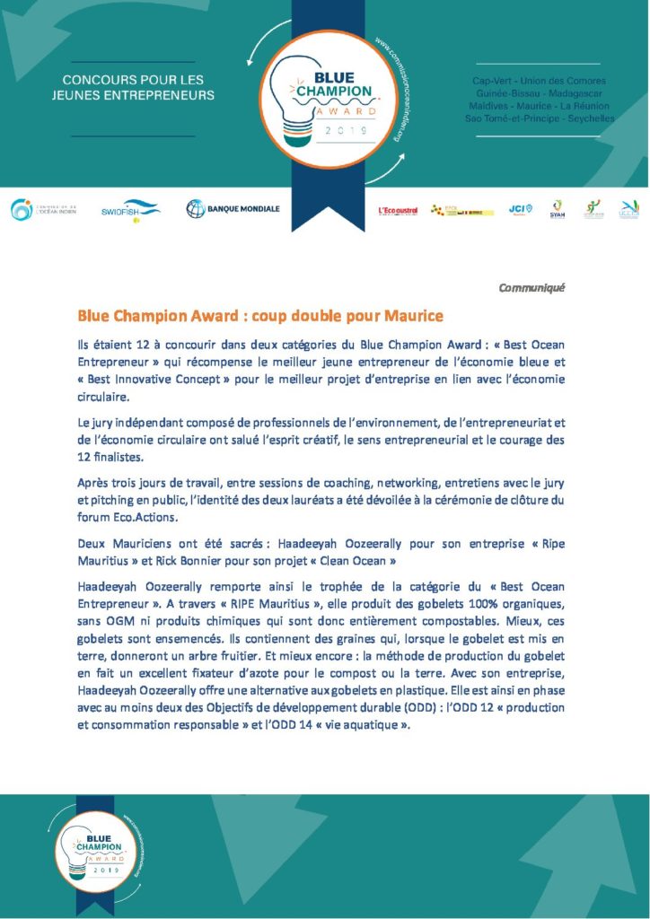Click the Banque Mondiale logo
point(233,209)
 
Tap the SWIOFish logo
point(130,209)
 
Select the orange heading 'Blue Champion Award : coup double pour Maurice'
point(260,316)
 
